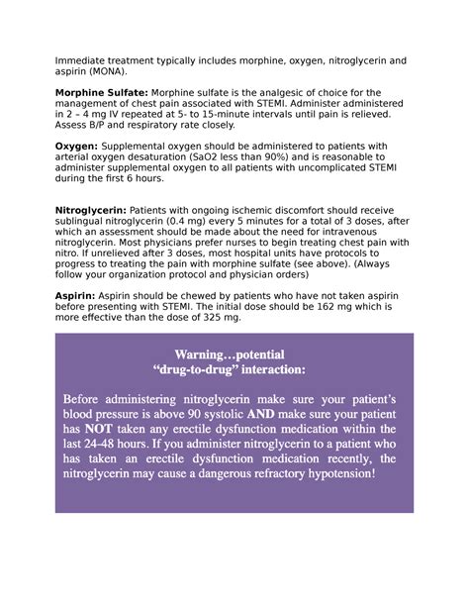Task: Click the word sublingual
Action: (84, 223)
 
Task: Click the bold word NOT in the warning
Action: (104, 431)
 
